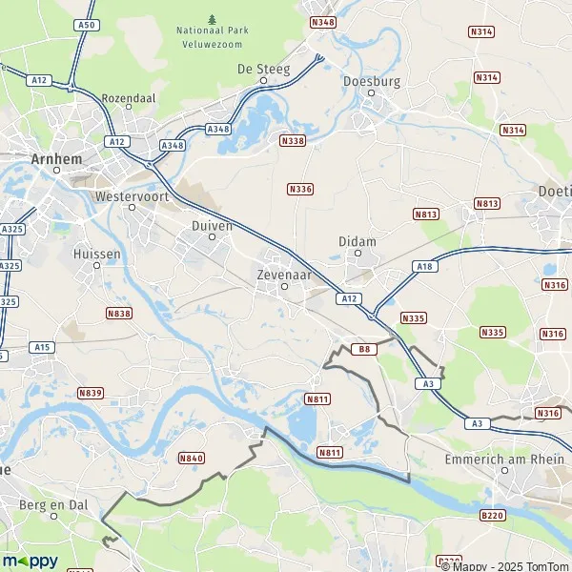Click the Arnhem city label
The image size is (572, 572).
coord(56,159)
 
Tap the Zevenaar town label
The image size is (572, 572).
coord(284,272)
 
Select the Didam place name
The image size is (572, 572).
coord(357,242)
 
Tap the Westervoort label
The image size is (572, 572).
coord(127,196)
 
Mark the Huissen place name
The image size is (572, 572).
coord(95,255)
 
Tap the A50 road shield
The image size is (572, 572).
coord(87,24)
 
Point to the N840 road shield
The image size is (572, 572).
coord(192,459)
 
